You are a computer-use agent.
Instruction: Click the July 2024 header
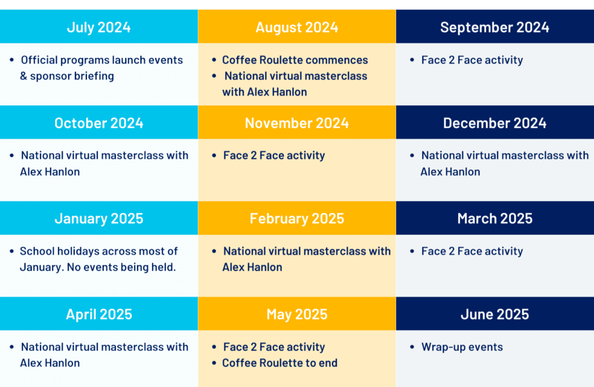point(99,27)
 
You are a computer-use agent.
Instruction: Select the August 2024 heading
point(296,27)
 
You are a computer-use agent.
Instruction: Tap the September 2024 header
point(495,27)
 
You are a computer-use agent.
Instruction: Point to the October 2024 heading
point(99,123)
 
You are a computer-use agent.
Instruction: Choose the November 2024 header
point(296,123)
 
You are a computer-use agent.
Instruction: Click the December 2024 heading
point(495,123)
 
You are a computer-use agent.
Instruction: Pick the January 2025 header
point(99,219)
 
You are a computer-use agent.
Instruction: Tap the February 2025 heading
point(296,219)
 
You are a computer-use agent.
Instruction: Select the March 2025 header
point(495,219)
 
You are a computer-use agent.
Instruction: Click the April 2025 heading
point(99,314)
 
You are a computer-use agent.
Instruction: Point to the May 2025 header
point(296,314)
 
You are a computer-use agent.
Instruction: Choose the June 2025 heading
point(495,314)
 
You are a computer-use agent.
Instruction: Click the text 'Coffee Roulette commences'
point(295,60)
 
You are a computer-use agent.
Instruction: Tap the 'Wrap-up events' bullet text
point(462,347)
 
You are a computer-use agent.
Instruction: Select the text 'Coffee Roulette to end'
point(280,363)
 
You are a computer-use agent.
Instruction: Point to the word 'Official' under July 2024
point(39,60)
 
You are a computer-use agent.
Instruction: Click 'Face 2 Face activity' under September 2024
point(472,60)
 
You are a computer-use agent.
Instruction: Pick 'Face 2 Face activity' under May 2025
point(274,347)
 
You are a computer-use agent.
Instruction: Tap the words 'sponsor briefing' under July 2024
point(72,76)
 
